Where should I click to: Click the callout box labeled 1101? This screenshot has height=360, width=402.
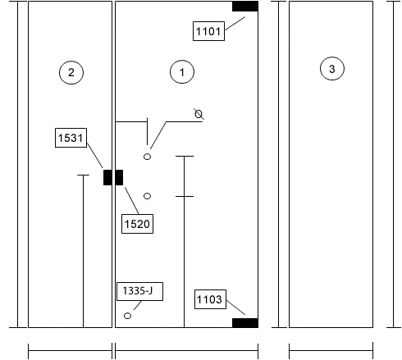click(208, 31)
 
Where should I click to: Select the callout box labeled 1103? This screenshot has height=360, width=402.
click(210, 299)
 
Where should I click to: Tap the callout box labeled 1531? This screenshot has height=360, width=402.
click(71, 138)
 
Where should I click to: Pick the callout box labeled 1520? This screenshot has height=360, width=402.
click(137, 224)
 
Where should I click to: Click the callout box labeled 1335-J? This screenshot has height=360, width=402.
click(139, 291)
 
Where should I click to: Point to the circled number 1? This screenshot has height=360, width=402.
click(182, 72)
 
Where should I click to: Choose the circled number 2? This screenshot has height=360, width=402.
click(71, 72)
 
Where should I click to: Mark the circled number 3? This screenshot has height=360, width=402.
click(332, 68)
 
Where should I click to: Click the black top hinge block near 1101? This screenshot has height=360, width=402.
click(245, 7)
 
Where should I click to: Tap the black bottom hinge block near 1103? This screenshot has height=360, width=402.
click(245, 323)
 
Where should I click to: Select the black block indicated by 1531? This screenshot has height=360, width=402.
click(107, 177)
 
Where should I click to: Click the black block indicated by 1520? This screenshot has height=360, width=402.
click(119, 177)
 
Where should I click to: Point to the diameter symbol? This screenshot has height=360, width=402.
click(199, 114)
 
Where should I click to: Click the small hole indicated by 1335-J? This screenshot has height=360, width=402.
click(127, 316)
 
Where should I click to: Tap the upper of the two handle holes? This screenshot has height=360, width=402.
click(147, 157)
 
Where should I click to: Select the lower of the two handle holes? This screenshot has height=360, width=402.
click(147, 196)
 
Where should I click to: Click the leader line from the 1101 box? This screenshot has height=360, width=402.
click(235, 23)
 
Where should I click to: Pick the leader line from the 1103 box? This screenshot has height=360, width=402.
click(235, 308)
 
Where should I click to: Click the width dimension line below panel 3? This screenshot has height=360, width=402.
click(331, 350)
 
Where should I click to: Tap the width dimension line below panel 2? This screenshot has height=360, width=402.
click(70, 350)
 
